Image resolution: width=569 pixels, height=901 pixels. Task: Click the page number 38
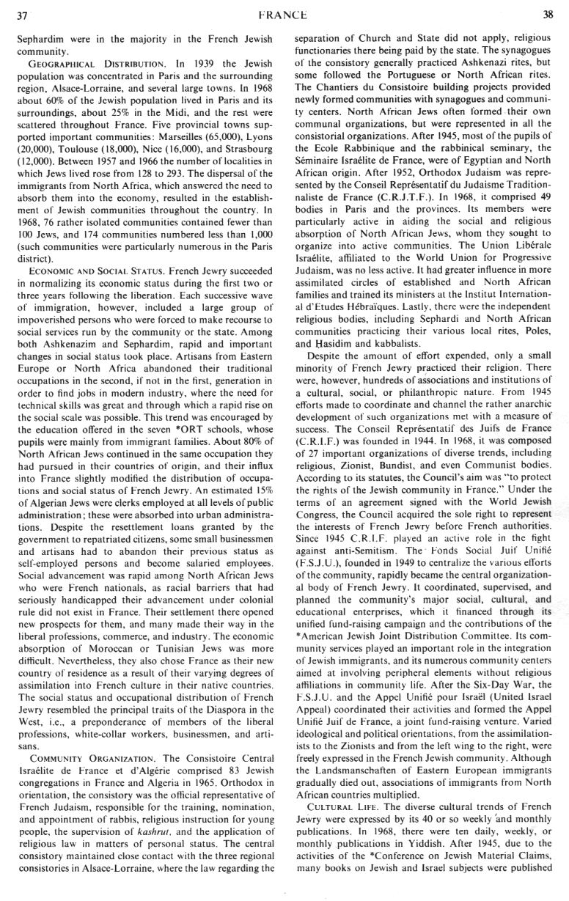tap(546, 12)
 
